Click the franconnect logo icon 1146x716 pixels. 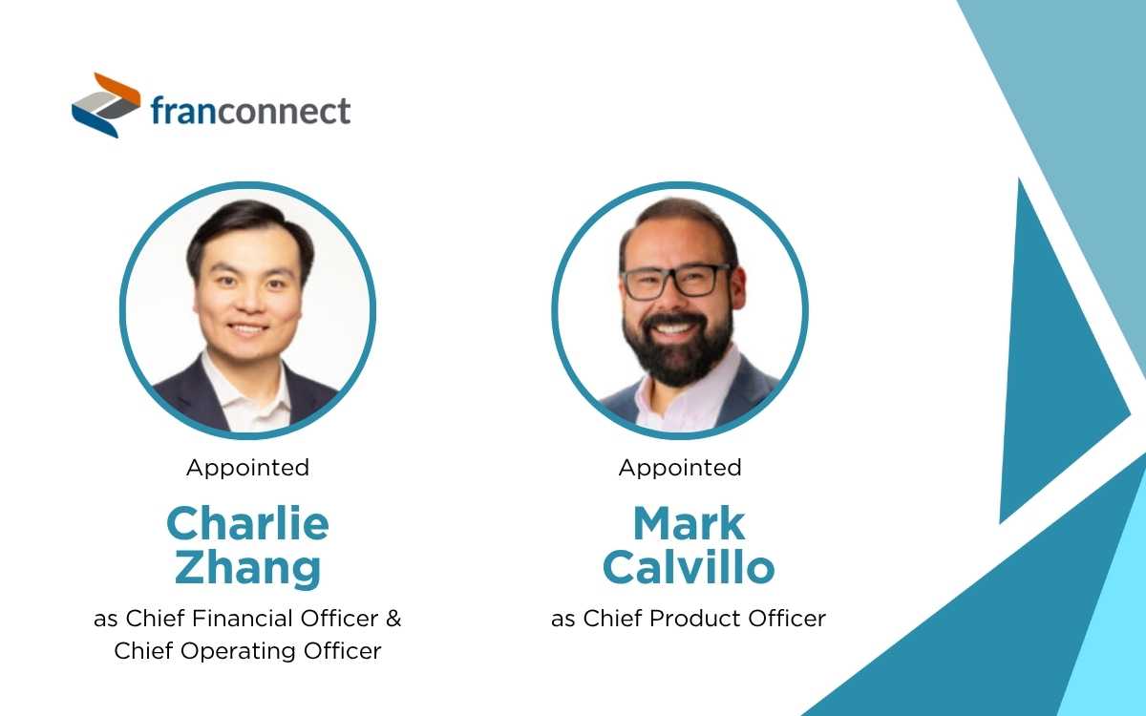click(106, 105)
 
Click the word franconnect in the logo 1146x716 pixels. click(250, 112)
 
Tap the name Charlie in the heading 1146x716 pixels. click(247, 523)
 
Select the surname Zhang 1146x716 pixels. click(247, 568)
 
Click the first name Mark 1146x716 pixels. click(688, 523)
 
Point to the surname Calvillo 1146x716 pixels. click(688, 568)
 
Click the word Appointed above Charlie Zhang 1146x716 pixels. click(247, 468)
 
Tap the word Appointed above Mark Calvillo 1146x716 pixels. click(680, 468)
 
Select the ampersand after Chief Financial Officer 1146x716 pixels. click(393, 619)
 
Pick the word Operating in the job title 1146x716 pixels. click(223, 651)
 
